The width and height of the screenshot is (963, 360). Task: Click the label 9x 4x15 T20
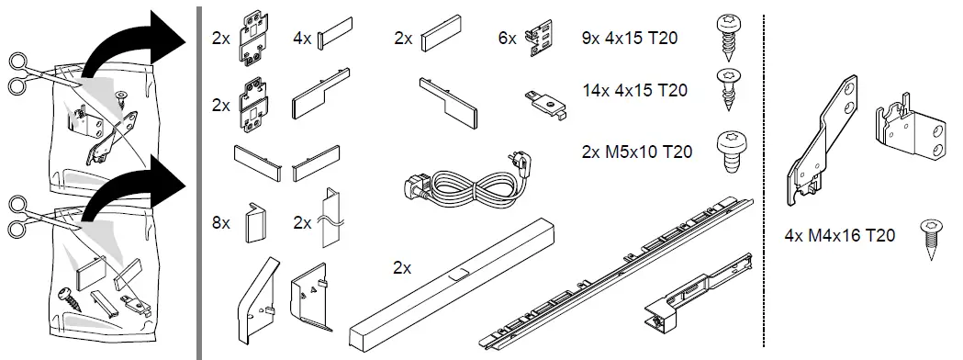point(630,38)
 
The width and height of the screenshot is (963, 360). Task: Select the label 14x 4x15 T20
point(635,90)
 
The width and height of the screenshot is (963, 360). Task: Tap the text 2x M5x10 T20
point(637,152)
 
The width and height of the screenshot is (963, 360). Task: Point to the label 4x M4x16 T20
point(840,235)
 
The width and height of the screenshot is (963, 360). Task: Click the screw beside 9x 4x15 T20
point(730,38)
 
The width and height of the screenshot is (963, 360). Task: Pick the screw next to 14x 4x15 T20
point(729,90)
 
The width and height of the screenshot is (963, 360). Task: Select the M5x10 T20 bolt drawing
point(732,152)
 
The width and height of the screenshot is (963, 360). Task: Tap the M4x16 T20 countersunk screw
point(931,240)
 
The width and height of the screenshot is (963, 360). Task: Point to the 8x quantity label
point(221,223)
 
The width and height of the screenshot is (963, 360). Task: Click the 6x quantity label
point(508,38)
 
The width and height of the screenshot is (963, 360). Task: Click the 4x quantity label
point(302,38)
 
